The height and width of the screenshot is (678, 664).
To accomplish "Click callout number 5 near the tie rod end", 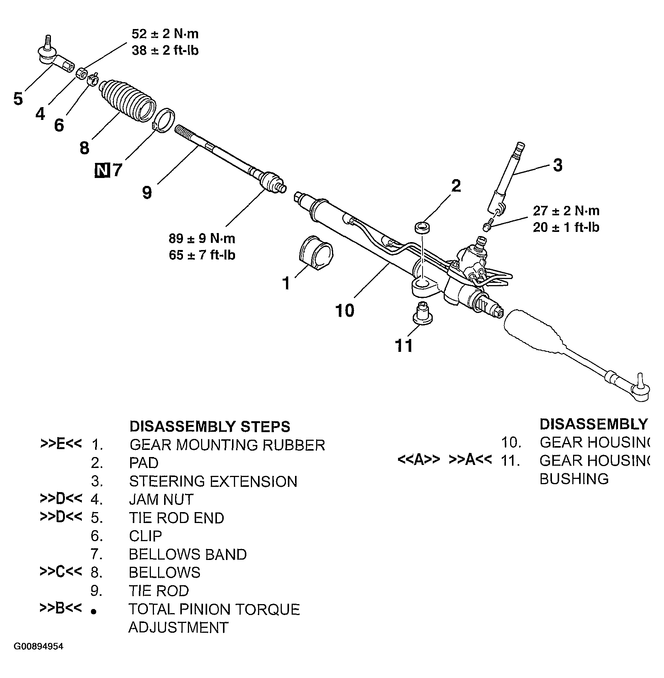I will [x=18, y=99].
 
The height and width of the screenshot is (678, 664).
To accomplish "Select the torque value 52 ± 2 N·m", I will [x=165, y=34].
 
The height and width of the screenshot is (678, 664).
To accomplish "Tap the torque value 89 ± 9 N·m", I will [x=202, y=238].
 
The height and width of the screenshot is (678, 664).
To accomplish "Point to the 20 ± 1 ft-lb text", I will [x=566, y=227].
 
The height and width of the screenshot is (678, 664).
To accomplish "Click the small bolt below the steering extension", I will [x=487, y=226].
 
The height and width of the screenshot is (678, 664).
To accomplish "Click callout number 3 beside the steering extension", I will [x=557, y=165].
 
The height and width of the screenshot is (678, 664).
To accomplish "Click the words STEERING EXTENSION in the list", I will [x=213, y=482].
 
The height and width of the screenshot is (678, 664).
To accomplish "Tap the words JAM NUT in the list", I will [x=161, y=500].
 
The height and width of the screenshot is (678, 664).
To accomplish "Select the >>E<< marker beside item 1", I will [x=61, y=444].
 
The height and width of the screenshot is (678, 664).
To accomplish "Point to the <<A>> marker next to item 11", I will [x=419, y=460].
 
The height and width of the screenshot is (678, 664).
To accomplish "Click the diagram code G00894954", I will [x=38, y=646].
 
